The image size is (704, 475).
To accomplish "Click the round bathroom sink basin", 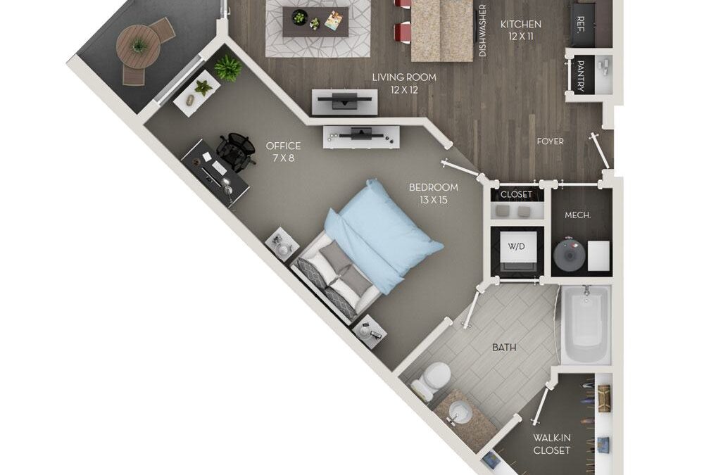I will (460, 412).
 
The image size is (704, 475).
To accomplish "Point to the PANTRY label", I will (581, 77).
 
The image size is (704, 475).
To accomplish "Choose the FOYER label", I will (550, 141).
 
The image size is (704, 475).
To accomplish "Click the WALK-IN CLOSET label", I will (551, 444).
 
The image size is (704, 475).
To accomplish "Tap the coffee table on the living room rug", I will (315, 22).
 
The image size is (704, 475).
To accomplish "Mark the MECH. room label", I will (577, 215).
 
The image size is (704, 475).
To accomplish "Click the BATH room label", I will (504, 347).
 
